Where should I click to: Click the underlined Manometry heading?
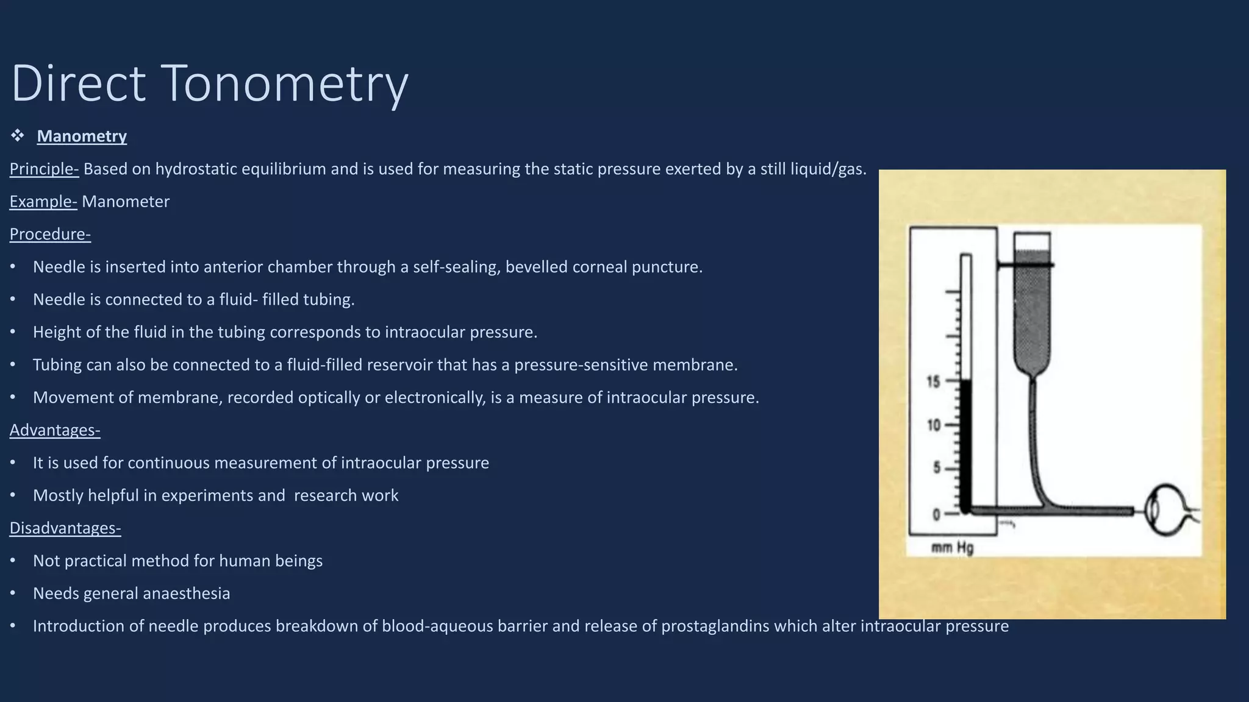[x=82, y=136]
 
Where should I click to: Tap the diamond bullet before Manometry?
[x=17, y=135]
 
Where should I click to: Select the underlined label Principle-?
[x=44, y=169]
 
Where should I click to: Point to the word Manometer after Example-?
[x=126, y=202]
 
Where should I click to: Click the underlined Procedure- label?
[x=50, y=234]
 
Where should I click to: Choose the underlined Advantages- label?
[x=55, y=430]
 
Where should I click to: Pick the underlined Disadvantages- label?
[x=65, y=528]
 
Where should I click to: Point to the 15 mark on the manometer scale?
[x=933, y=382]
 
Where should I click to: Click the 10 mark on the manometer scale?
[x=934, y=425]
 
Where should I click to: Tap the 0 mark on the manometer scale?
[x=936, y=515]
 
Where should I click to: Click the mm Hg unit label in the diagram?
[x=952, y=548]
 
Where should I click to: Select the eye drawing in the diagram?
[x=1168, y=509]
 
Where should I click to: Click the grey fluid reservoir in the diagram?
[x=1032, y=311]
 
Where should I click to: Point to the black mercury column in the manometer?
[x=965, y=445]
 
